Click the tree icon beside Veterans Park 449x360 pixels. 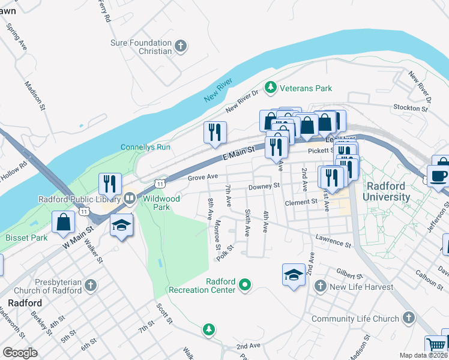(x=271, y=88)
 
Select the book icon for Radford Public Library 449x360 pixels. (x=130, y=198)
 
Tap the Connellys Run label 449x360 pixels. (x=145, y=147)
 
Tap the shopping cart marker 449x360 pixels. (x=436, y=345)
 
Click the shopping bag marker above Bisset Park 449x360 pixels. (x=64, y=222)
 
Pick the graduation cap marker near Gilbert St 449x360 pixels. (x=294, y=275)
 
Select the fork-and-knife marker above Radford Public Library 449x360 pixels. (x=109, y=183)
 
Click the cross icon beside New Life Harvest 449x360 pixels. (x=320, y=287)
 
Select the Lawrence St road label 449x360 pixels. (x=333, y=241)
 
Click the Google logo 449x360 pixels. (x=20, y=353)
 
